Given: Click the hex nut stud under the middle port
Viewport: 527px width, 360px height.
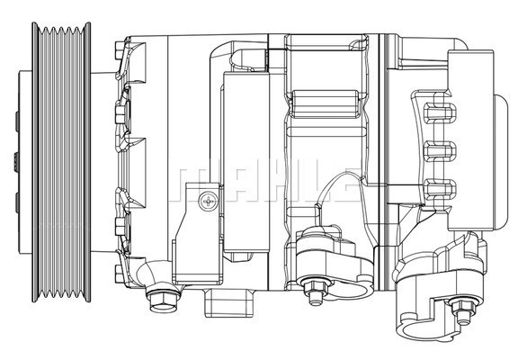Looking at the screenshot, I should click(316, 296).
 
